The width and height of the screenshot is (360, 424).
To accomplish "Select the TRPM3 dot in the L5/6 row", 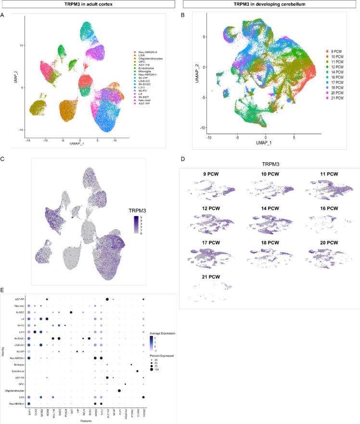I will pos(143,384).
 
